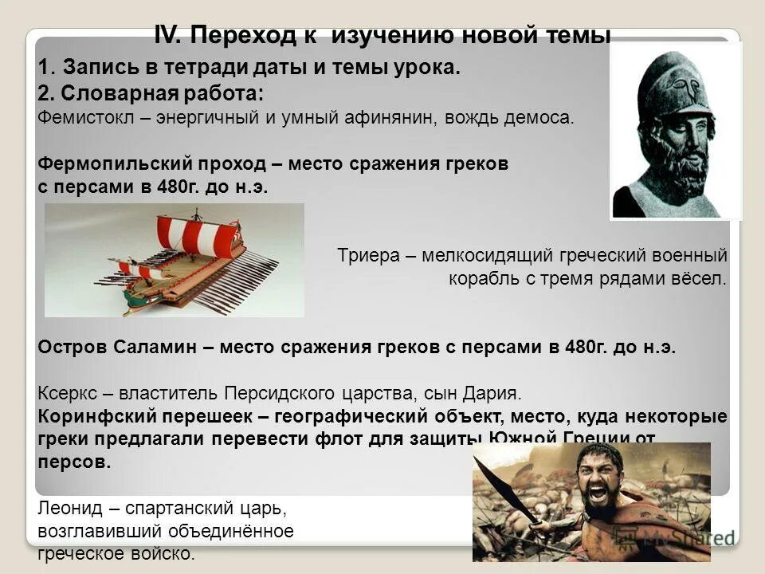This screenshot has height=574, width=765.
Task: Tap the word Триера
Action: pos(363,256)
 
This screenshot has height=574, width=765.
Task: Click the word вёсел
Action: pos(701,279)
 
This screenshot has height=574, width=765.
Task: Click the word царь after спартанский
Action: pos(262,508)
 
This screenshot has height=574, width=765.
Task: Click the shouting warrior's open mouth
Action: pos(599,493)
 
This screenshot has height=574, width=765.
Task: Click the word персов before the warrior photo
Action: pos(74,462)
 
